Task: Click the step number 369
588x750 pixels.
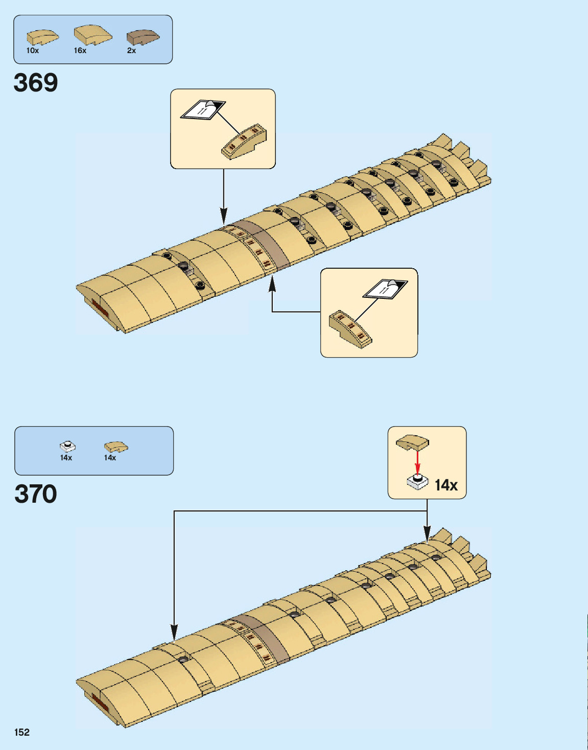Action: pos(36,83)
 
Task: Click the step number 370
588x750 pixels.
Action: pos(36,494)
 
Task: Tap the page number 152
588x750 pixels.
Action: pos(22,732)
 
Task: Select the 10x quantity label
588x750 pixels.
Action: pos(33,51)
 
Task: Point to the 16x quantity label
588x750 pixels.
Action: pos(80,51)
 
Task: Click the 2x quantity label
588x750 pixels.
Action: pos(131,51)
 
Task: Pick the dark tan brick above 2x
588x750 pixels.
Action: pos(143,37)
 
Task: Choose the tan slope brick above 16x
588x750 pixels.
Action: pos(92,35)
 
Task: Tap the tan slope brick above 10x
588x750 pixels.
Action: pos(42,37)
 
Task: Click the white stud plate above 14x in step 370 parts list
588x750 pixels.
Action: pos(67,447)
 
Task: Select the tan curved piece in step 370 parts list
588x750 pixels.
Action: pos(116,447)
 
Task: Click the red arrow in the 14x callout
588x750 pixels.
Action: pos(417,463)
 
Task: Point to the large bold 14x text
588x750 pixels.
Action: pos(446,485)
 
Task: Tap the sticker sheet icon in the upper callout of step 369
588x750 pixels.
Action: pos(203,109)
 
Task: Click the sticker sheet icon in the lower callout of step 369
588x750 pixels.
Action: pos(385,289)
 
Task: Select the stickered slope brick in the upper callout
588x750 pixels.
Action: pos(244,142)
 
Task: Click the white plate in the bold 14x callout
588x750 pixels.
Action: pos(417,481)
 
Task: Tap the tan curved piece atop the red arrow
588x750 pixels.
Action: pos(413,442)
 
